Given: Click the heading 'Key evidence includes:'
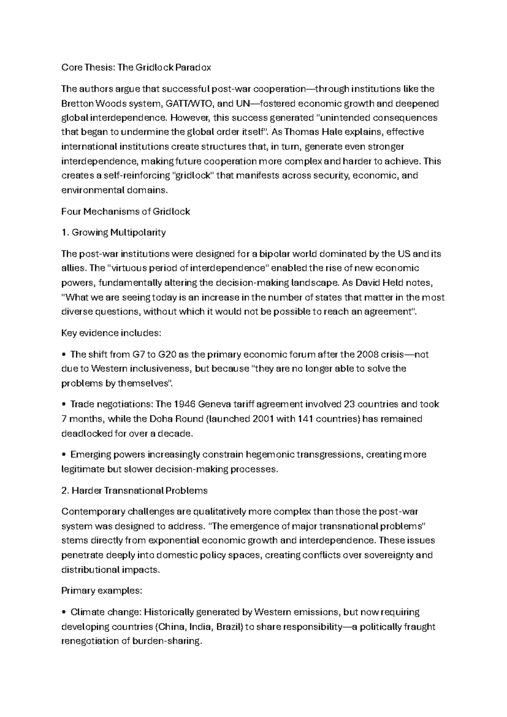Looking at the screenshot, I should click(111, 333).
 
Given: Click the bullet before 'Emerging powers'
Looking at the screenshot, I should click(64, 455).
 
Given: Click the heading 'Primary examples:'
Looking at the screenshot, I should click(101, 591).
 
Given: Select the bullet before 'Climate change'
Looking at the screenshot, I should click(64, 613).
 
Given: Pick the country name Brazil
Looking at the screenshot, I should click(229, 627).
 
